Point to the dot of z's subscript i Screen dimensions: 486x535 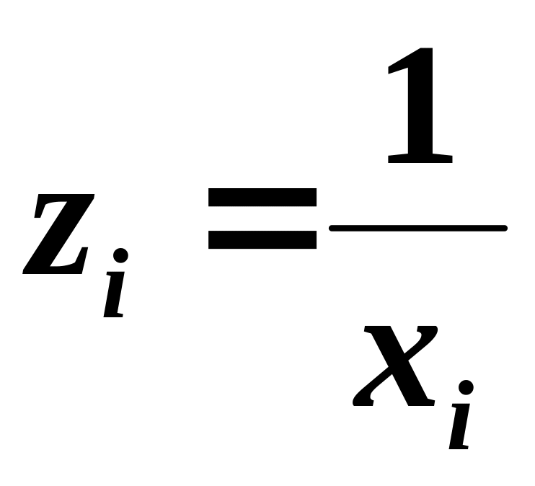click(121, 255)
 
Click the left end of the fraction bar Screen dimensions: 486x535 click(332, 229)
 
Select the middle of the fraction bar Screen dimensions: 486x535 click(418, 229)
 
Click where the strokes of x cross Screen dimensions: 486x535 click(395, 366)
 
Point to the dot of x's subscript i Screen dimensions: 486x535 click(466, 388)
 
